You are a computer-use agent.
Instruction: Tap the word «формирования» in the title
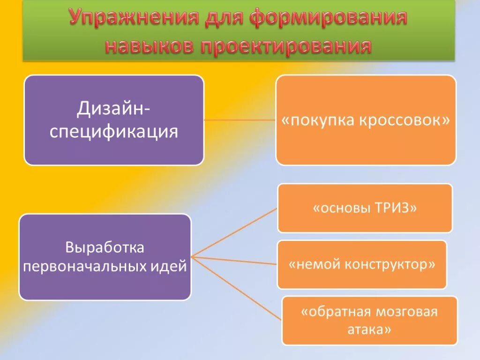coord(328,18)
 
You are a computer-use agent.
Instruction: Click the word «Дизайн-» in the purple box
coord(114,110)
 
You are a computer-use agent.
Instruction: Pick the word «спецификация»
coord(114,131)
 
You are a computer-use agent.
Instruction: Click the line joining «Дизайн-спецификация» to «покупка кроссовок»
coord(240,120)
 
